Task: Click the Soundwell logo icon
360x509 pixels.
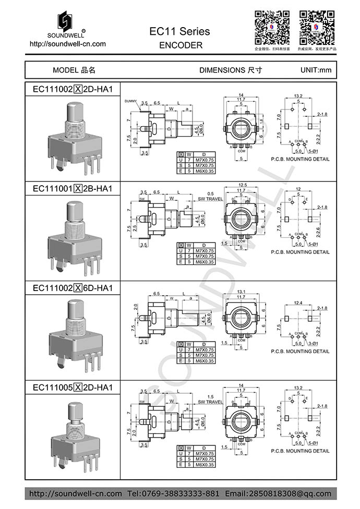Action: pyautogui.click(x=67, y=20)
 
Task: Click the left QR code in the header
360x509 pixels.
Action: pyautogui.click(x=272, y=27)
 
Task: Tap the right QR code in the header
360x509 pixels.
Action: pyautogui.click(x=317, y=27)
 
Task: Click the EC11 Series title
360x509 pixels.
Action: pyautogui.click(x=179, y=31)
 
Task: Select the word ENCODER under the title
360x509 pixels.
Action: pyautogui.click(x=180, y=45)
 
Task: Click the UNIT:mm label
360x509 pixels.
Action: pyautogui.click(x=316, y=70)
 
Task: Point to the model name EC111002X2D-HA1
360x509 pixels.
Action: pyautogui.click(x=73, y=89)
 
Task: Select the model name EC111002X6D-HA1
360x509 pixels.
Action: pyautogui.click(x=73, y=287)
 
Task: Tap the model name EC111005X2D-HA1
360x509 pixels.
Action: pyautogui.click(x=73, y=387)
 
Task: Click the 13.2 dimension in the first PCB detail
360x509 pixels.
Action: pyautogui.click(x=298, y=96)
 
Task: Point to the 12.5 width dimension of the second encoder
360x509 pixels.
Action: pyautogui.click(x=242, y=185)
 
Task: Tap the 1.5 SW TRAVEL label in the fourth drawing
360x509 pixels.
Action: pyautogui.click(x=210, y=399)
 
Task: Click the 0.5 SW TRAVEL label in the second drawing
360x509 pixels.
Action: pyautogui.click(x=210, y=196)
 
